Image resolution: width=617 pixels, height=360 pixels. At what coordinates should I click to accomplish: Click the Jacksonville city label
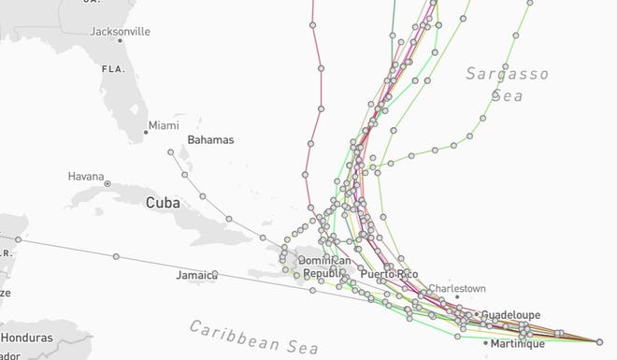click(119, 31)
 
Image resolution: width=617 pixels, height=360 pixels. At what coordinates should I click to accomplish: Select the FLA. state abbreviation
click(114, 69)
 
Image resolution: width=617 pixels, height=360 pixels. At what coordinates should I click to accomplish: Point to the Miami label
click(163, 124)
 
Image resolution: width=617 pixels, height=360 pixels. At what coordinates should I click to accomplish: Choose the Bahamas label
click(210, 140)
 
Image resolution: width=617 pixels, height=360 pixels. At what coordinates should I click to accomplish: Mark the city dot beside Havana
click(108, 182)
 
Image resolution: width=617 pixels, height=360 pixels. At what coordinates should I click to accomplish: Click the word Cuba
click(161, 202)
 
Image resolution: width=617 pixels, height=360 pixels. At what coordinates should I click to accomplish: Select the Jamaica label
click(195, 275)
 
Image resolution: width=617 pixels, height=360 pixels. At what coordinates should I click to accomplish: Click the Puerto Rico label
click(383, 274)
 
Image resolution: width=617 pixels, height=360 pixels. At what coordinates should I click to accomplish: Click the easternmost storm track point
click(599, 340)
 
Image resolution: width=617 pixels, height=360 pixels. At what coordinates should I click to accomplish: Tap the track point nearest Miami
click(170, 151)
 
